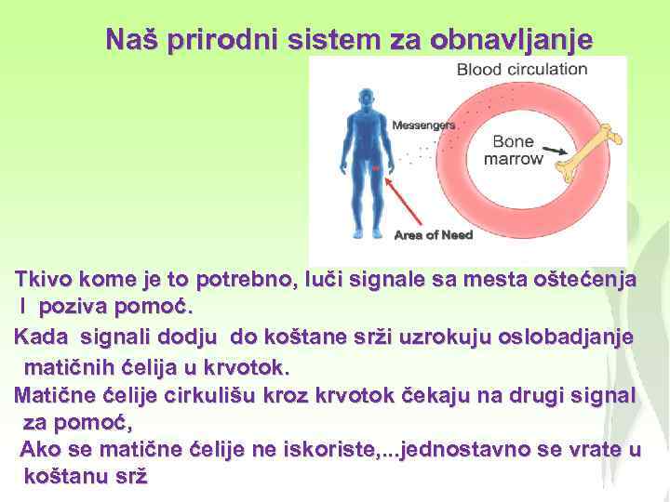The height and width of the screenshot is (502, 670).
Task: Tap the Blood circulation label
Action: point(522,69)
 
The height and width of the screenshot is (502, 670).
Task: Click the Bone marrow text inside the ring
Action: point(513,150)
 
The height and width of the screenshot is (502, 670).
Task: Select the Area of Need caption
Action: point(433,235)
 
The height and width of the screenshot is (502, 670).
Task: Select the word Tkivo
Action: point(43,280)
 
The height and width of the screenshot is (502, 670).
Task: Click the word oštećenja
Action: point(578,280)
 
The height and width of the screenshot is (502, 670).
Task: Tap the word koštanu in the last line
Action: point(67,476)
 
